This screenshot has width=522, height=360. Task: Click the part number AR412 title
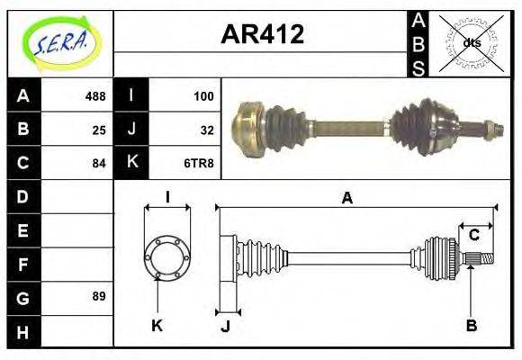pyautogui.click(x=262, y=34)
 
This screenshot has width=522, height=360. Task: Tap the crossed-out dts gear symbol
pyautogui.click(x=471, y=42)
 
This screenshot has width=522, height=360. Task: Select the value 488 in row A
pyautogui.click(x=94, y=96)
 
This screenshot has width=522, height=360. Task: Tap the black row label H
pyautogui.click(x=23, y=331)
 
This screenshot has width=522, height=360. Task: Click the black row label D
pyautogui.click(x=23, y=196)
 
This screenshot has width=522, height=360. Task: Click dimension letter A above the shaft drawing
pyautogui.click(x=346, y=199)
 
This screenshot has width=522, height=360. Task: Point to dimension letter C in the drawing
pyautogui.click(x=473, y=236)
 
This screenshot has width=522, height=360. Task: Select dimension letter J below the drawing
pyautogui.click(x=225, y=326)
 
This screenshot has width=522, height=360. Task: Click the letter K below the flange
pyautogui.click(x=156, y=325)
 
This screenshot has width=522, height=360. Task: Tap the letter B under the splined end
pyautogui.click(x=471, y=324)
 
